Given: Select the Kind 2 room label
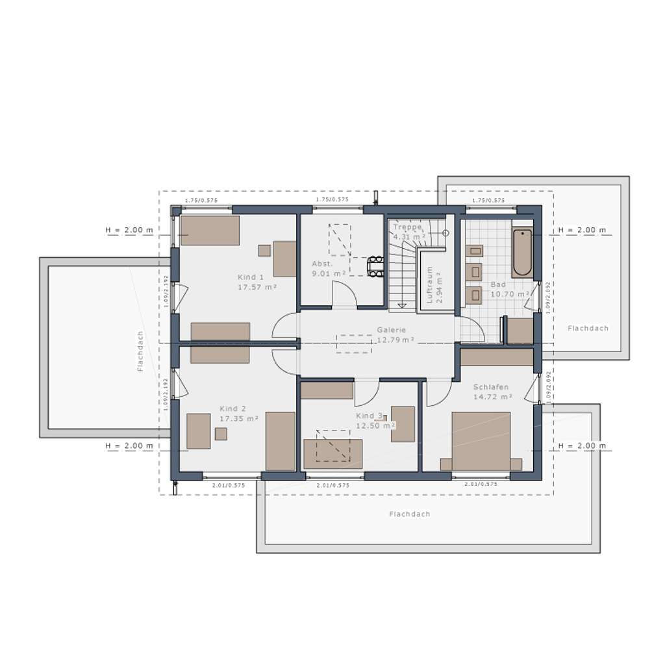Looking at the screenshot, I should [x=232, y=409].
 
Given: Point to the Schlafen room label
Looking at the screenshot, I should [x=490, y=387].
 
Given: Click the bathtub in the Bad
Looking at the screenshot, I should [x=521, y=253].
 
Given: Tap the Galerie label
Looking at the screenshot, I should [x=391, y=330].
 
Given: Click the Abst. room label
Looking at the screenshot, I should [x=322, y=264].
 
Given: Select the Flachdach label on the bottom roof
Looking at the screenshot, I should [x=410, y=514].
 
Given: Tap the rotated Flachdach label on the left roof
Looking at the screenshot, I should [x=140, y=351].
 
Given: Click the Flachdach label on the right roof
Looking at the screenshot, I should [x=588, y=329].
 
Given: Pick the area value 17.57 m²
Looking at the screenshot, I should [x=257, y=286].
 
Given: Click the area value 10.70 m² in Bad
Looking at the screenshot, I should [x=508, y=294].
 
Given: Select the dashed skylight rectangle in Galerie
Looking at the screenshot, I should [x=354, y=344].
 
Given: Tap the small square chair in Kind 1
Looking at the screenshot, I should [x=264, y=250].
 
